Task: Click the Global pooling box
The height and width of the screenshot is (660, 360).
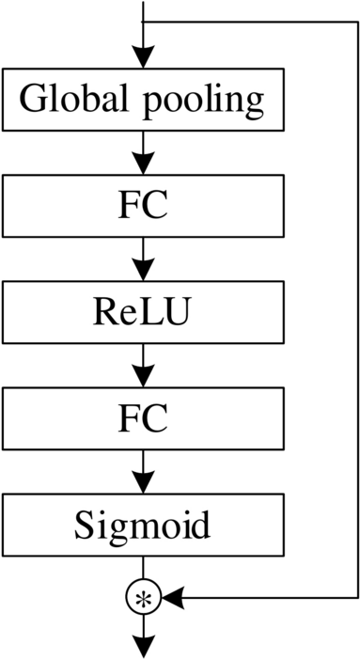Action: click(143, 99)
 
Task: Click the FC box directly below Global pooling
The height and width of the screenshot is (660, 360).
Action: click(143, 206)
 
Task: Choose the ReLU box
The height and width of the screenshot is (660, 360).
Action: click(143, 313)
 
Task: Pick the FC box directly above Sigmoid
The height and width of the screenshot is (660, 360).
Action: click(143, 419)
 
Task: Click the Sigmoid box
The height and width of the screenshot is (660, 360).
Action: click(143, 525)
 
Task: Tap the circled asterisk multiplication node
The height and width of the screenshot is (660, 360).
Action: click(143, 596)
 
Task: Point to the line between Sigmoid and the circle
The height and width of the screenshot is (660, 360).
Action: click(143, 568)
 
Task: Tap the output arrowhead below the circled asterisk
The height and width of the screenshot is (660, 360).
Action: click(143, 646)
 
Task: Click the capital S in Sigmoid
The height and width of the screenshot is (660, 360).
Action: click(84, 525)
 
